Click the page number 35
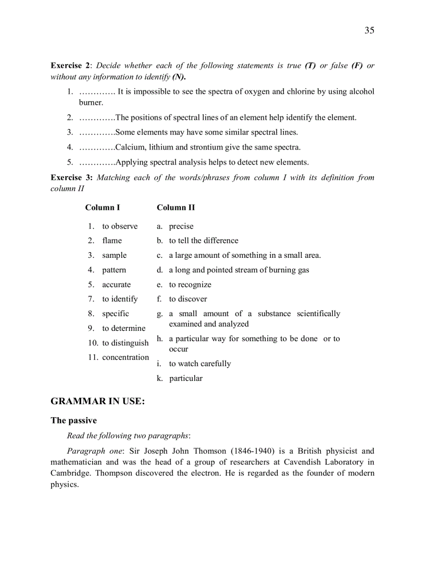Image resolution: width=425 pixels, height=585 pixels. [x=369, y=31]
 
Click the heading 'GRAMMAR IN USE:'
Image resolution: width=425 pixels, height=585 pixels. [x=97, y=401]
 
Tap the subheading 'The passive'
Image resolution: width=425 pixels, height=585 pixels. [x=73, y=420]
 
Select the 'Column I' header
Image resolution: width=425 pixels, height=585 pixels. [x=103, y=208]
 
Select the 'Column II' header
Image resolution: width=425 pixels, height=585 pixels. [x=176, y=208]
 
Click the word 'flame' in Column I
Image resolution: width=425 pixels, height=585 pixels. [x=112, y=241]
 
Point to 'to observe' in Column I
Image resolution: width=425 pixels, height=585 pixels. [x=120, y=226]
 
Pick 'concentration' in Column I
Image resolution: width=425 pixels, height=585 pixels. [x=126, y=357]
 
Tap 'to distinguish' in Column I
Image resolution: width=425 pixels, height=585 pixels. [x=126, y=343]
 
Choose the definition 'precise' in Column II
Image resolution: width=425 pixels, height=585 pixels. [x=181, y=226]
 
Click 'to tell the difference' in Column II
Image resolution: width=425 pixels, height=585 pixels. [x=204, y=241]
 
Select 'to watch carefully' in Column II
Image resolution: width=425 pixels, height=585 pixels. [x=200, y=364]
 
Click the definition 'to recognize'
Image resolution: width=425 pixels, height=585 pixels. [x=190, y=284]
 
